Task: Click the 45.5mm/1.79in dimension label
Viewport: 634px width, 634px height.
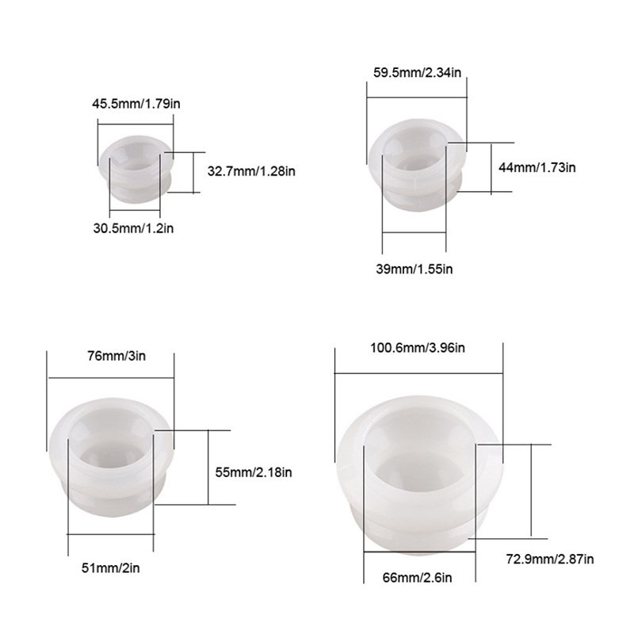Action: (136, 104)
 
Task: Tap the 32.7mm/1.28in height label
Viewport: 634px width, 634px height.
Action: (251, 171)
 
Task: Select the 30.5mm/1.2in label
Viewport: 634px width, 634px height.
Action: (133, 228)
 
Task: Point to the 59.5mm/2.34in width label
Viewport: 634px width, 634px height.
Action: (417, 73)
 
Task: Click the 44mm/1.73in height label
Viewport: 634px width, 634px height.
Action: (537, 167)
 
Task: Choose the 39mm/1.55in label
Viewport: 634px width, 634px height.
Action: (414, 269)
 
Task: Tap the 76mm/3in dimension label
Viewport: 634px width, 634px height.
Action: (116, 356)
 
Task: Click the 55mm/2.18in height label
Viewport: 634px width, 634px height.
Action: (254, 472)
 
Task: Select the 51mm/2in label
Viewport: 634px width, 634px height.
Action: (111, 568)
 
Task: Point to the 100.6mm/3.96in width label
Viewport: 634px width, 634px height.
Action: (418, 348)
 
